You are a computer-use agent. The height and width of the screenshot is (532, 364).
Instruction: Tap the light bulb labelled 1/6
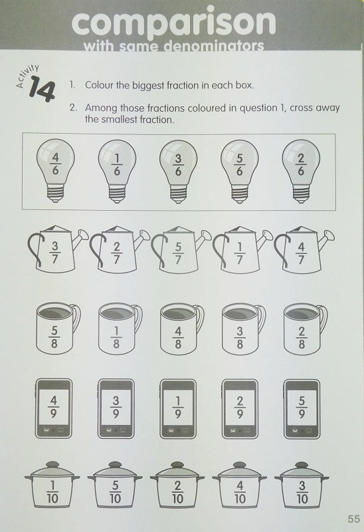coord(118,163)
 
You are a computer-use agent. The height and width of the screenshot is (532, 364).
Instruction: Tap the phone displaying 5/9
coord(300,407)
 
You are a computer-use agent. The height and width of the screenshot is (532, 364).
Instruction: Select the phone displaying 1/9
coord(177,407)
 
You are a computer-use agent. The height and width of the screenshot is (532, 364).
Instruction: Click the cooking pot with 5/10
coord(115,489)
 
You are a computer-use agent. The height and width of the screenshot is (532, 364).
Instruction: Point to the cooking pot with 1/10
coord(52,489)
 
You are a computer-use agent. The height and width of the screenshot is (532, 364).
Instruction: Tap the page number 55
coord(353,519)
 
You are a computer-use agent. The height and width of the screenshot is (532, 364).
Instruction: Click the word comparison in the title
coord(173,24)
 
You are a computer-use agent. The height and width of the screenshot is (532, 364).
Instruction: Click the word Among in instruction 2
coord(102,108)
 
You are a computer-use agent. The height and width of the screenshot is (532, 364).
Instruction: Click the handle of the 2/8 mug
coord(321,319)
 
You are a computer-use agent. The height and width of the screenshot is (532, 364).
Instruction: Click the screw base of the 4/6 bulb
coord(56,194)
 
